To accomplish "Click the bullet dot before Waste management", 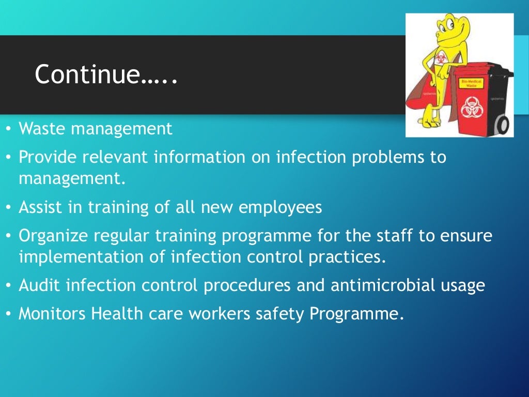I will pyautogui.click(x=9, y=129).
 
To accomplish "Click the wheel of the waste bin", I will pyautogui.click(x=501, y=124).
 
